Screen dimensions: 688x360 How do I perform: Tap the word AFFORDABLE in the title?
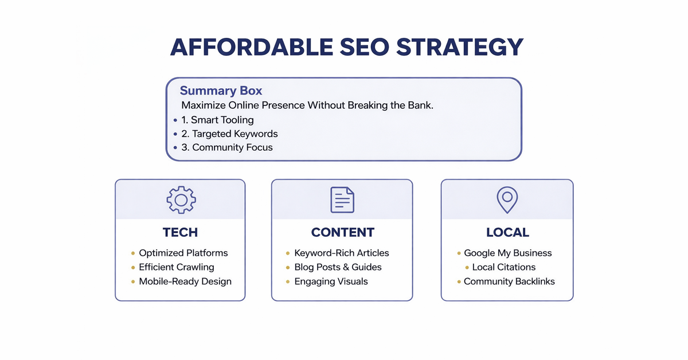252,47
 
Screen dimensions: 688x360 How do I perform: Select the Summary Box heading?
221,91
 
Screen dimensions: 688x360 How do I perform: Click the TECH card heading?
180,232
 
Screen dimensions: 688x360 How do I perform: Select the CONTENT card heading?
343,232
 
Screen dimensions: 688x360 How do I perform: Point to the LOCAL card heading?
508,232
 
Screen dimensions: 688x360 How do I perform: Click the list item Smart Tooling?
217,120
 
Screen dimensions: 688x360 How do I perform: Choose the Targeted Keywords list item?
229,134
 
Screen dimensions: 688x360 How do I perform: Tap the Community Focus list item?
227,147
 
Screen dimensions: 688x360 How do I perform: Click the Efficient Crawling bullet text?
177,267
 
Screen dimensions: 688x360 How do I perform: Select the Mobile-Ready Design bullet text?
185,281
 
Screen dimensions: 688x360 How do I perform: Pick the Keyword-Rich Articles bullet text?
342,253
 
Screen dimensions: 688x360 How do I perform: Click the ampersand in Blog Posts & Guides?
346,267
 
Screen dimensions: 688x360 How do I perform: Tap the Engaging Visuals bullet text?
331,281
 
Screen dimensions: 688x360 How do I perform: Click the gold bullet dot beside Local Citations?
467,268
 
